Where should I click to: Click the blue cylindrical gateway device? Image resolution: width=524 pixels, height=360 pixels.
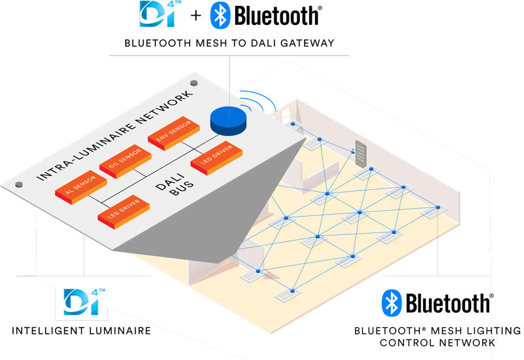[227, 118]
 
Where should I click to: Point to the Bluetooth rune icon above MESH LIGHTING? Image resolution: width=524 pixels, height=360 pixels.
[392, 302]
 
